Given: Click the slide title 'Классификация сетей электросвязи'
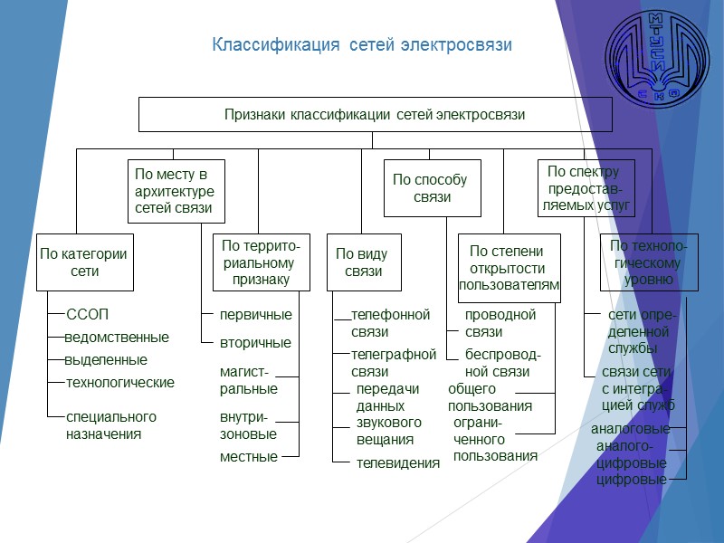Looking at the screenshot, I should coord(362,44).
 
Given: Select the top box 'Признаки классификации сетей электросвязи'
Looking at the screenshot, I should coord(375,115).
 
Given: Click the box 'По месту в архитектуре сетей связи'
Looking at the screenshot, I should coord(174,191).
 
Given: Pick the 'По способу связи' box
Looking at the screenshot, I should coord(432,188).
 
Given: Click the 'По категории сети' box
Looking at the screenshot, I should coord(84,262).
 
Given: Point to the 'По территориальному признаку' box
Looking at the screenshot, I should coord(261,262).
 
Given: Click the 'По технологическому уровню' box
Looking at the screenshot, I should coord(649,262).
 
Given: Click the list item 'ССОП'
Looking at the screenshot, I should coord(88,315).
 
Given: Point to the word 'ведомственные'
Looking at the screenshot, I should coord(117,338).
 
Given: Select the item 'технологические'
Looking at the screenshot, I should coord(120,383).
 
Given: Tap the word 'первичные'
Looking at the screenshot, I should coord(255,315).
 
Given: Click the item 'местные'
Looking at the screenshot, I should coord(248,457).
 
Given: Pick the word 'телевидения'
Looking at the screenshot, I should coord(398,462).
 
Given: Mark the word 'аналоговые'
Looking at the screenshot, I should coord(630,429).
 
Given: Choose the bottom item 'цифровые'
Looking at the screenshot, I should coord(631,480).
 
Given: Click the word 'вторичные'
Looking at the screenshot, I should coord(255,343).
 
